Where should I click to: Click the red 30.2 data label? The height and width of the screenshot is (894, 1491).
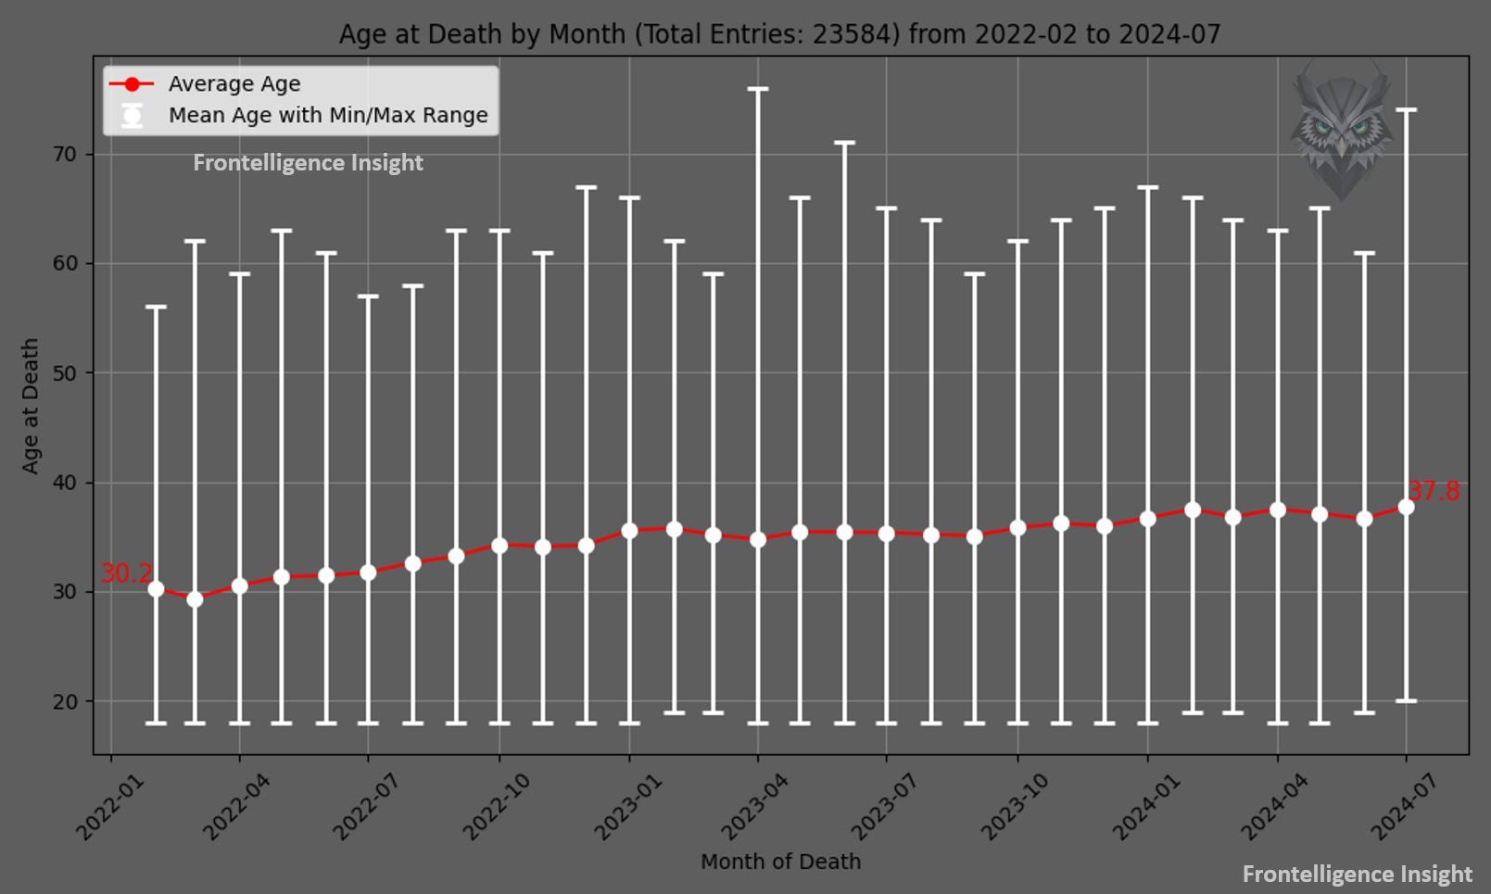tap(126, 573)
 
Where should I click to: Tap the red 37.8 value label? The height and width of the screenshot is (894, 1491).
tap(1434, 491)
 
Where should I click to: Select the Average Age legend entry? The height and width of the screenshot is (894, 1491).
tap(234, 84)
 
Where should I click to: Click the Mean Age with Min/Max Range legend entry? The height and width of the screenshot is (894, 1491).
tap(327, 116)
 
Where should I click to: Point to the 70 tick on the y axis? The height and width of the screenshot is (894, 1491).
tap(65, 155)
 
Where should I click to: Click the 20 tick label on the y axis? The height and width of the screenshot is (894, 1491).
tap(65, 701)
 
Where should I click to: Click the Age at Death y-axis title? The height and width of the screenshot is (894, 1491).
tap(31, 406)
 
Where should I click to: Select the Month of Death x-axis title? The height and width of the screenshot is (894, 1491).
tap(780, 863)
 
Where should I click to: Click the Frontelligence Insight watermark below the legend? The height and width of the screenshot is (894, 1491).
tap(308, 163)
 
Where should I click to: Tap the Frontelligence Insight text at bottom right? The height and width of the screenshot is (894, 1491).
tap(1357, 875)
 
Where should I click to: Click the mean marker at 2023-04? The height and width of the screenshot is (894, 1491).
tap(758, 539)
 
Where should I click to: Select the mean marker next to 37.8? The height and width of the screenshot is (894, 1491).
tap(1406, 507)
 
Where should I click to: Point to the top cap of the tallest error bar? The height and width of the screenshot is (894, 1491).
tap(758, 89)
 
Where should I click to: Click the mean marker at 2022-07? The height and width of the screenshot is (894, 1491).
tap(368, 573)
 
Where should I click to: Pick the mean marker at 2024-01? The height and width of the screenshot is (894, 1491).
tap(1147, 519)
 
